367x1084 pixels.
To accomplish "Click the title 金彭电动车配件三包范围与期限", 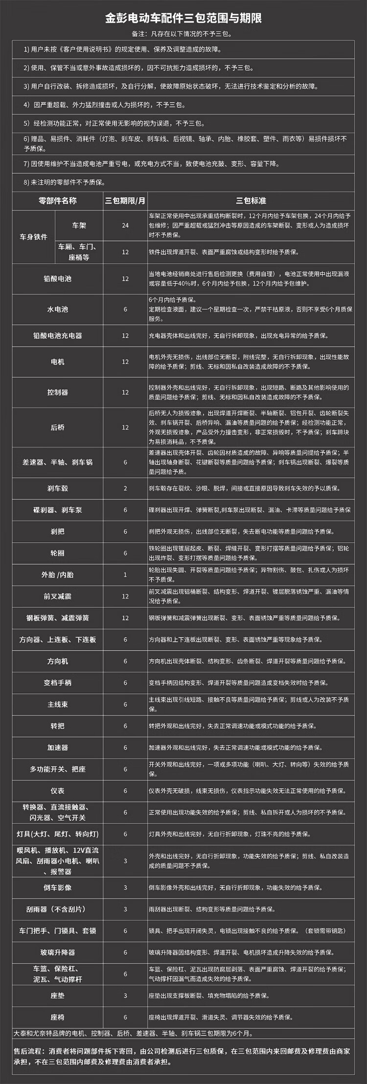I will tap(183, 19).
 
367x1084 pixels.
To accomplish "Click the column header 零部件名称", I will tap(58, 201).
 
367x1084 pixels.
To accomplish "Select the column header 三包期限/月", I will tap(125, 201).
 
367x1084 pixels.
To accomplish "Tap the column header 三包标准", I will tap(251, 201).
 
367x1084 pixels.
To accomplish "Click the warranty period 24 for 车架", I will tap(125, 226).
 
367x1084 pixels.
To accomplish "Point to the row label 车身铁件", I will tap(34, 237).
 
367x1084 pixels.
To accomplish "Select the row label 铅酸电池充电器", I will tap(58, 336).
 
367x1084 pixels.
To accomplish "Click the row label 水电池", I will tap(58, 309).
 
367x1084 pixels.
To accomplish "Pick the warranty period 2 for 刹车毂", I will tap(125, 488).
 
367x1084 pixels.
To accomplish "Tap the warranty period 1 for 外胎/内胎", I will tap(125, 575).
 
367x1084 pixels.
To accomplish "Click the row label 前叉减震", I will tap(58, 596).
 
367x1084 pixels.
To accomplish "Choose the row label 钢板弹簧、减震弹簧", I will tap(58, 618).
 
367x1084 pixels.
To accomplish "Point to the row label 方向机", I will tap(58, 661).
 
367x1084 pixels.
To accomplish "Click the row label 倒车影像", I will tap(58, 888).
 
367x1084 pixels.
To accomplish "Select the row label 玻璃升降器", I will tap(58, 952).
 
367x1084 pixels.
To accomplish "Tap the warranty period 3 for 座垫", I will tap(125, 995).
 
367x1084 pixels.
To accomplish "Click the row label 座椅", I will tap(58, 1017).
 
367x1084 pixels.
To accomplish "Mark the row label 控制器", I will tap(58, 392).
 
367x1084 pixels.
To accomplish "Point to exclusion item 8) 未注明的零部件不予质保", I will tap(65, 183).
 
